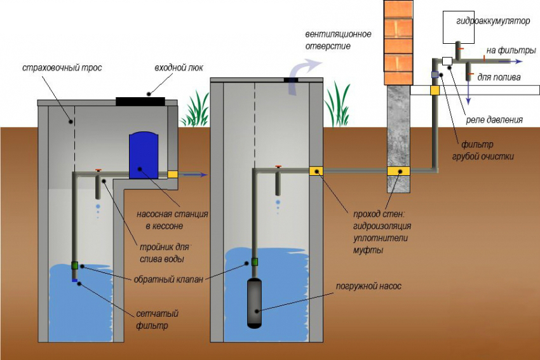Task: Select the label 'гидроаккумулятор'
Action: point(493,21)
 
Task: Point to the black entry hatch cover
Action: point(140,100)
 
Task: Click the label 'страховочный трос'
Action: point(62,68)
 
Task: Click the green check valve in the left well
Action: point(75,266)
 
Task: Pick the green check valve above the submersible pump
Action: point(255,261)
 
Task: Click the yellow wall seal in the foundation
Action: point(399,171)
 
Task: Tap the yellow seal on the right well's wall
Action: point(316,170)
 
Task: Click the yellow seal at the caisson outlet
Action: point(172,173)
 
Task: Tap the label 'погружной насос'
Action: point(369,286)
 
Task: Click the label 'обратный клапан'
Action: point(169,277)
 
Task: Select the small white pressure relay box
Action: point(447,61)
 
